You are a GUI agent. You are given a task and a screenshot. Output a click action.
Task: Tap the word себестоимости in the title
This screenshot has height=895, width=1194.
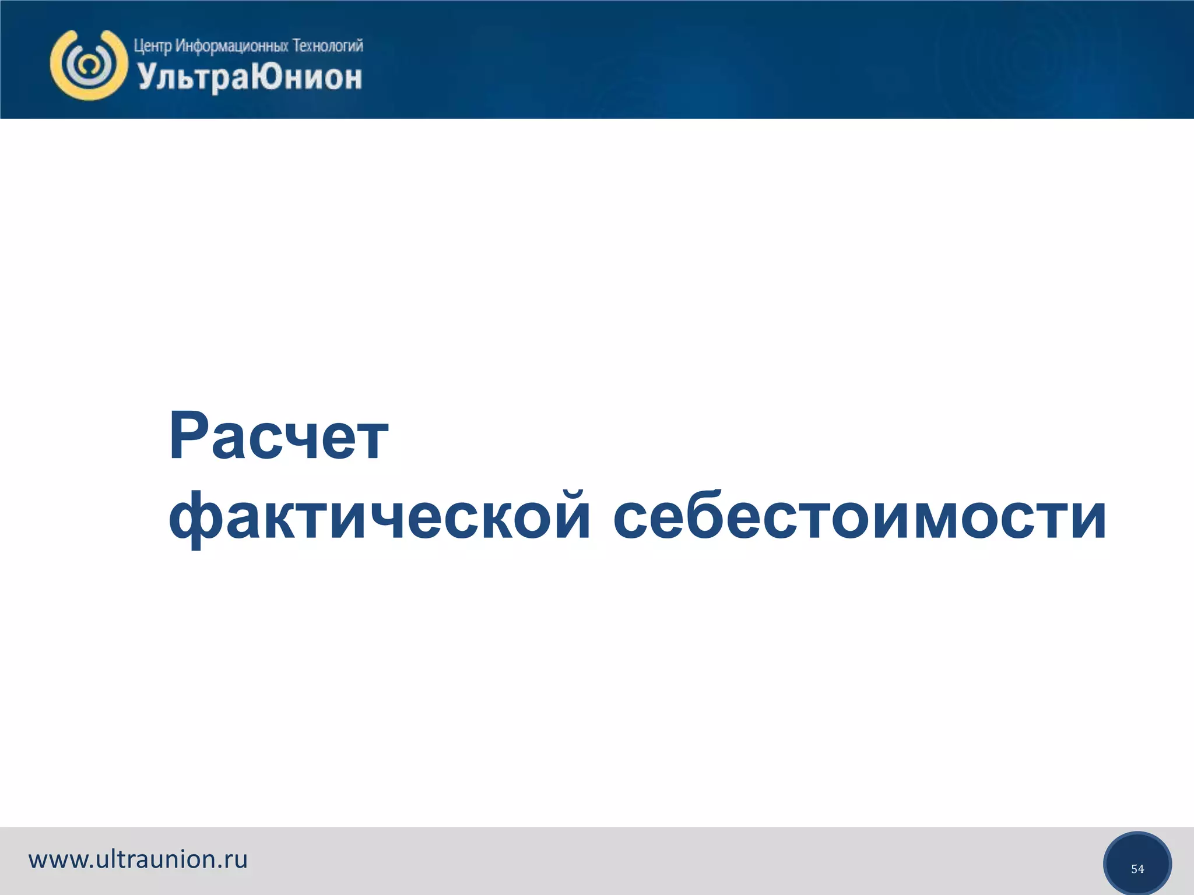pos(859,516)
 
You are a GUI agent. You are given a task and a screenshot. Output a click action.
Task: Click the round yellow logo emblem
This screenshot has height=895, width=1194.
pos(89,65)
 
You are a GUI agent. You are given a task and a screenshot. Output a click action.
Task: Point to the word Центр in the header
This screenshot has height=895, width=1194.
pos(153,46)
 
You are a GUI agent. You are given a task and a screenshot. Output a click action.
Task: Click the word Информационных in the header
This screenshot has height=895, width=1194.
pos(231,46)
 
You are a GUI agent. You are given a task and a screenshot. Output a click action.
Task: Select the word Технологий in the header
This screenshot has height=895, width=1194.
pos(327,45)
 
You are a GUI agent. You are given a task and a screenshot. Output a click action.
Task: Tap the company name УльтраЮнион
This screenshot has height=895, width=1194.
pos(250,77)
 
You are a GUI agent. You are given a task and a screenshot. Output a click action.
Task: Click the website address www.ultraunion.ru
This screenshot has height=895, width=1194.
pos(138,859)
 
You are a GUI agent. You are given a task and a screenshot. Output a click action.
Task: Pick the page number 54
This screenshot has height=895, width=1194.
pos(1137,869)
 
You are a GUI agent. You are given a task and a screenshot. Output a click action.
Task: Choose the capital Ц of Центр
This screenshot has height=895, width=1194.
pos(138,46)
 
